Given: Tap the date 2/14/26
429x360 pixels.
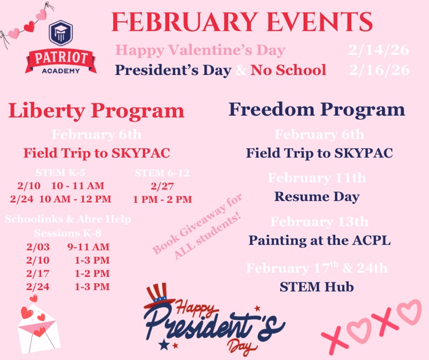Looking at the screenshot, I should tap(379, 50).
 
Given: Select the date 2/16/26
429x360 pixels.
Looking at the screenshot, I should tap(379, 70).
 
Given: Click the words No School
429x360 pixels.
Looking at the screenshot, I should tap(288, 70).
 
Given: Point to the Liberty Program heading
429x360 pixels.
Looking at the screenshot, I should tap(96, 110).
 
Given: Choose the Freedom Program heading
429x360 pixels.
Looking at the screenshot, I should tap(317, 109).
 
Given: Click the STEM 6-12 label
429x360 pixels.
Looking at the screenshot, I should tap(162, 172).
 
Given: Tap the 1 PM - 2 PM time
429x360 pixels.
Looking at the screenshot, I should tap(162, 200).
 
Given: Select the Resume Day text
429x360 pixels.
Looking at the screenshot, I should tap(317, 197).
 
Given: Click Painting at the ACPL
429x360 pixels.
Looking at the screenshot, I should tap(319, 240).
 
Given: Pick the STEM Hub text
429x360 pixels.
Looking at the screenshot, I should tap(316, 287).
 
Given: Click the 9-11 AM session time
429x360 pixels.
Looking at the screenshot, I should tap(88, 247).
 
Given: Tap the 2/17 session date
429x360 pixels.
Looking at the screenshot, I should tap(38, 274).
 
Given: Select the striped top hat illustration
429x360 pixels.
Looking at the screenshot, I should tap(158, 298).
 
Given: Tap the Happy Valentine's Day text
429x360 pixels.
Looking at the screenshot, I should tap(200, 50).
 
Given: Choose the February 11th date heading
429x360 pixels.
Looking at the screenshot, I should tap(317, 178).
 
